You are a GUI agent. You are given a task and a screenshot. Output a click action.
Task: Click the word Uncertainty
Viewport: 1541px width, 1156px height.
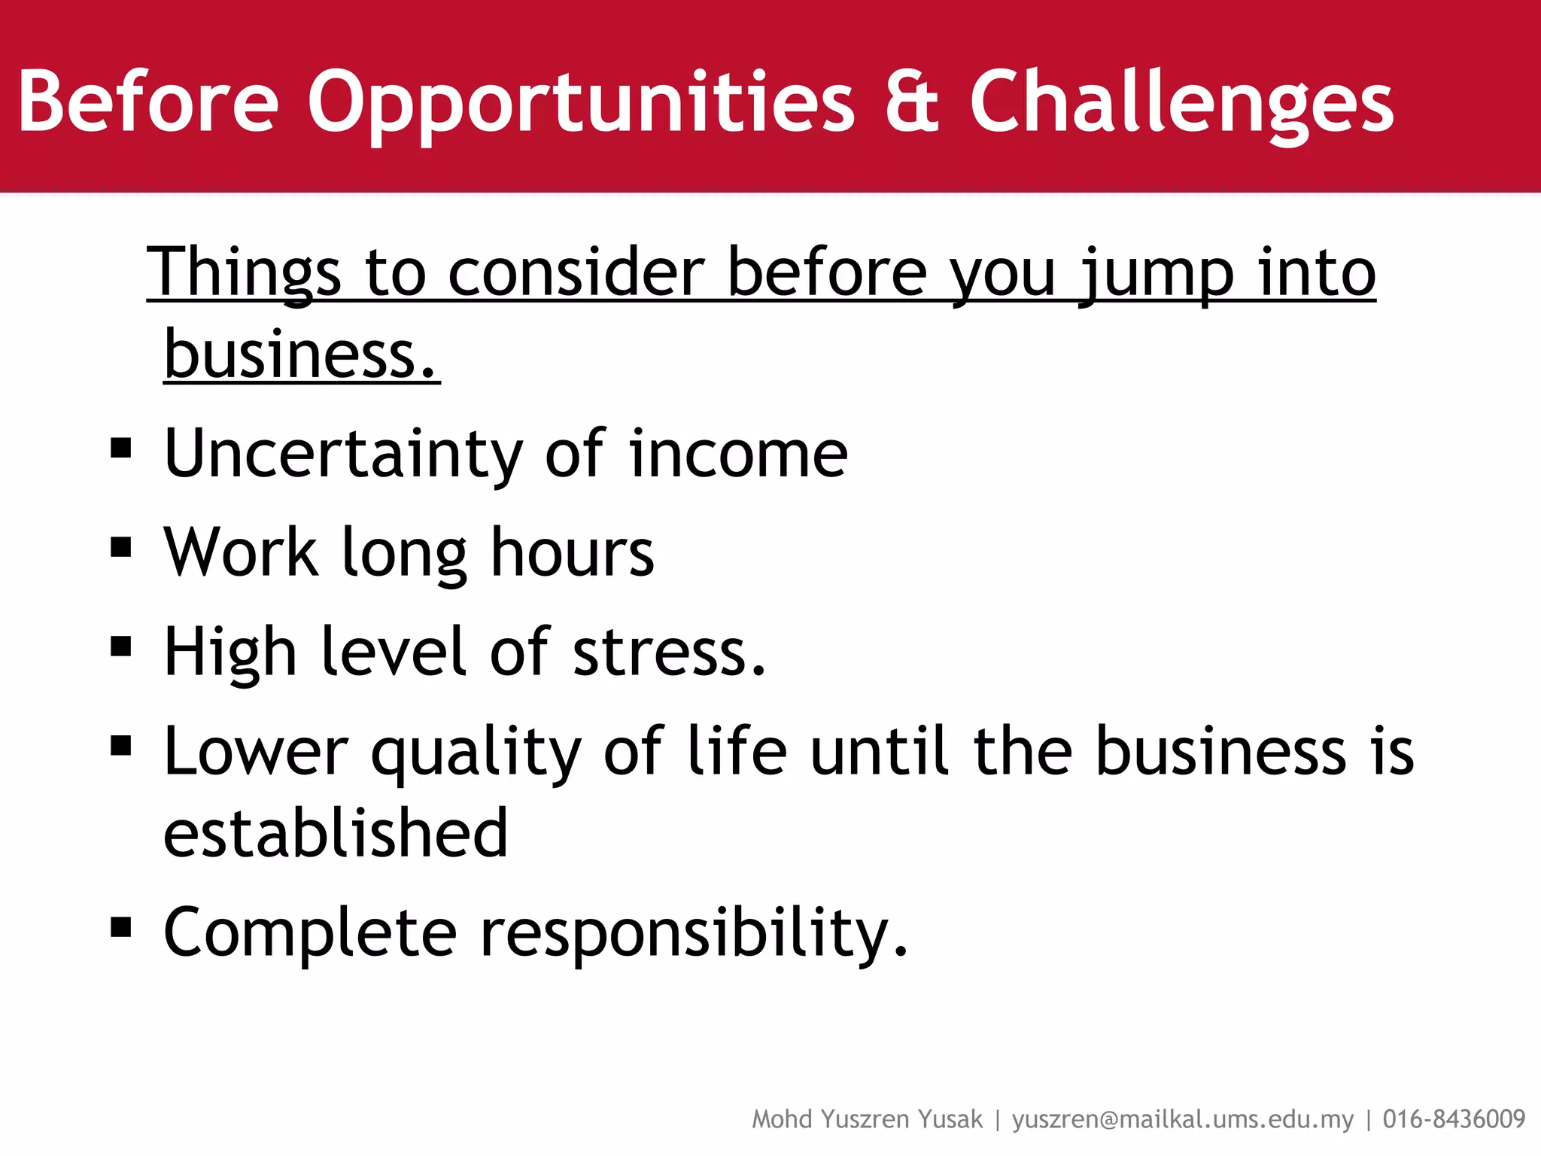[x=342, y=454]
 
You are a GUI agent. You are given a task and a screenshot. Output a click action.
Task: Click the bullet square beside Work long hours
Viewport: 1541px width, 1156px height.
[x=120, y=547]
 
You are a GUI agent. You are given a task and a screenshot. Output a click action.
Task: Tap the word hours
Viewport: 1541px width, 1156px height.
[x=572, y=552]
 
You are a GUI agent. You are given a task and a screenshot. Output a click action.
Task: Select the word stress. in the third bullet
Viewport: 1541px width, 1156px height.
[x=669, y=652]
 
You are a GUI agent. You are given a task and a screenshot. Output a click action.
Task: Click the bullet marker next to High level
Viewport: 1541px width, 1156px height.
[x=120, y=646]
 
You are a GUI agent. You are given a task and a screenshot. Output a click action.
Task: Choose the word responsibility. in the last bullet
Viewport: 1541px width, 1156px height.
[x=694, y=933]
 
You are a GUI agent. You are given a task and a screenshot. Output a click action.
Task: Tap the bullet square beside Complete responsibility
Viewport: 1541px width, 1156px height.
[x=120, y=928]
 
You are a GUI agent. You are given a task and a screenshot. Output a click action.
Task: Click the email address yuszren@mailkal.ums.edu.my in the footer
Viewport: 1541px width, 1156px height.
[x=1182, y=1119]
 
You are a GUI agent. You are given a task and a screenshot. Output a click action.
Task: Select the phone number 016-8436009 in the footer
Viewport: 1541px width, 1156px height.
[x=1454, y=1119]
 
